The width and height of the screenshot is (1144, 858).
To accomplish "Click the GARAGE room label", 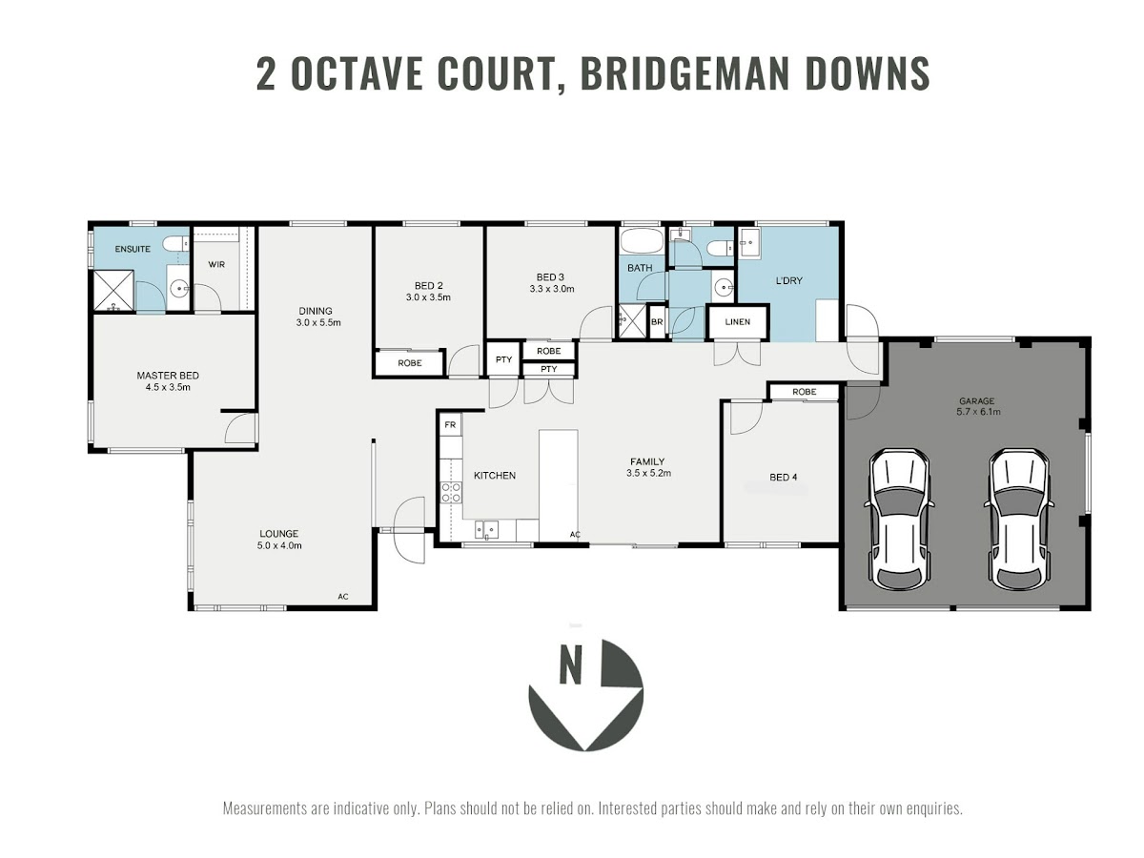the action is tap(977, 401).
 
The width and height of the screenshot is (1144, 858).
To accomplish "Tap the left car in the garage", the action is tap(899, 520).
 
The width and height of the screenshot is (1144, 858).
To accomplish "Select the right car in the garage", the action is tap(1019, 520).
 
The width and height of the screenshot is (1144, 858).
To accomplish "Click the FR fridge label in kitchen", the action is tap(450, 425).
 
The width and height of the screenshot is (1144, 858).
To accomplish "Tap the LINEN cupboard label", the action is tap(738, 322).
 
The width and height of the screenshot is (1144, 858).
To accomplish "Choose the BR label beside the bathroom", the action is tap(657, 322).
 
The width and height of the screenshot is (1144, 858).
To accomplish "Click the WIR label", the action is tap(216, 265).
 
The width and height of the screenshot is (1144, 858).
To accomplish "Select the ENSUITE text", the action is tap(133, 249).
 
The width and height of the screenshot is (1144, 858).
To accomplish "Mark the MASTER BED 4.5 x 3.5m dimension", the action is tap(168, 387).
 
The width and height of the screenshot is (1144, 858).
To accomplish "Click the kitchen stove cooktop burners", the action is tap(451, 492).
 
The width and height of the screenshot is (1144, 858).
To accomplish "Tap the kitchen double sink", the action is tap(486, 530).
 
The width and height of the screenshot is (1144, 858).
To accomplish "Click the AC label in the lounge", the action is tap(342, 597).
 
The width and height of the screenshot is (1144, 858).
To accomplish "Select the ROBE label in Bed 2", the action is tap(410, 363).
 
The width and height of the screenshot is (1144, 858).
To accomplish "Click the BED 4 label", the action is tap(784, 478).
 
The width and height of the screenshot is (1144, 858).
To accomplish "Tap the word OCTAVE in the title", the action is tap(357, 73).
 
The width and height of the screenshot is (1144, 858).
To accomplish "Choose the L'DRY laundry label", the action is tap(789, 281).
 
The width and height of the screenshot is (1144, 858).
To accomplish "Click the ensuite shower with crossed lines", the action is tap(113, 290).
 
